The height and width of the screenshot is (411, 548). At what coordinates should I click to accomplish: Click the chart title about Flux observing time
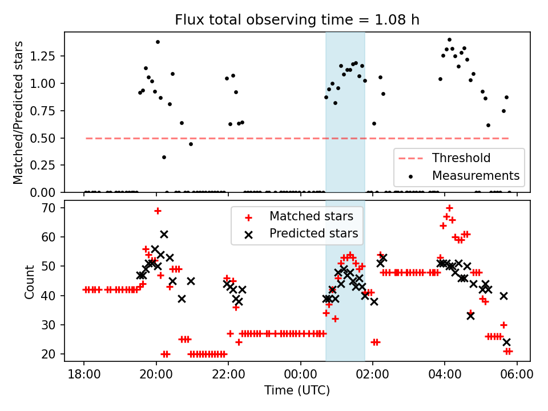click(297, 21)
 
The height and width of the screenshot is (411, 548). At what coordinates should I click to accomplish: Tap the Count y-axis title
click(30, 281)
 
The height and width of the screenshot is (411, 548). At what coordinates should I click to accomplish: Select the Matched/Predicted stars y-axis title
click(18, 112)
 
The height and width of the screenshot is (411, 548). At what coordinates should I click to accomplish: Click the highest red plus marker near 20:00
click(158, 211)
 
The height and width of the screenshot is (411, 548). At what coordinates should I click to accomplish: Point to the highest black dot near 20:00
click(158, 42)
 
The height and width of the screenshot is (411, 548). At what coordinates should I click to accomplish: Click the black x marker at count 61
click(164, 234)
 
